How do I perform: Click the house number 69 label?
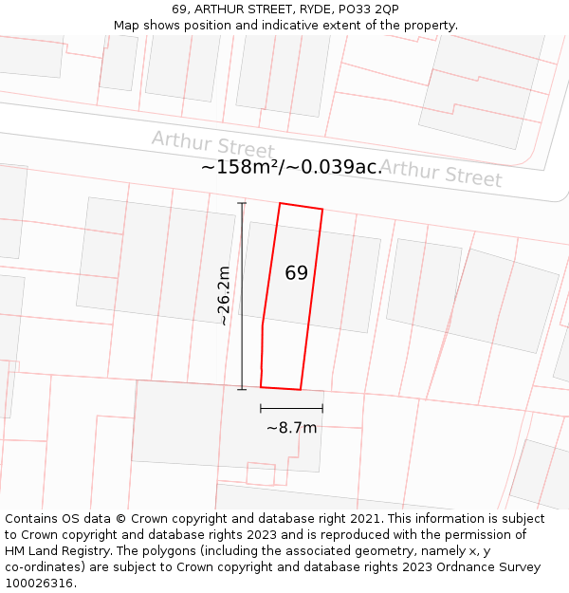296,273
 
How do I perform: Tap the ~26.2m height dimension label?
223,295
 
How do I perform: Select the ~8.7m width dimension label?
291,428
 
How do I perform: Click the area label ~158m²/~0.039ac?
291,167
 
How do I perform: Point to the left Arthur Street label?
213,145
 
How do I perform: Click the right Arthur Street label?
441,173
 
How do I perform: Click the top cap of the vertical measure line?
242,203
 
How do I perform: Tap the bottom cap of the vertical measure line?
242,389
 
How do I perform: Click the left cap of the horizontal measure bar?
261,408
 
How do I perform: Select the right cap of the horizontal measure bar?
322,408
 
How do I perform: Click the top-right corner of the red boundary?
322,209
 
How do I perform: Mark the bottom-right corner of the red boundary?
301,390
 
